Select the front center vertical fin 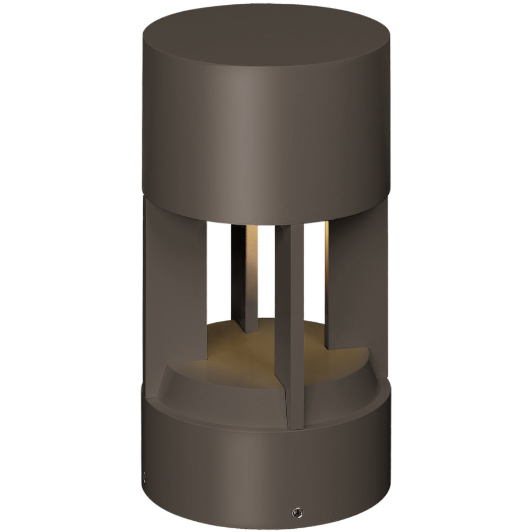pos(290,319)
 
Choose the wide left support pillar pos(173,282)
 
